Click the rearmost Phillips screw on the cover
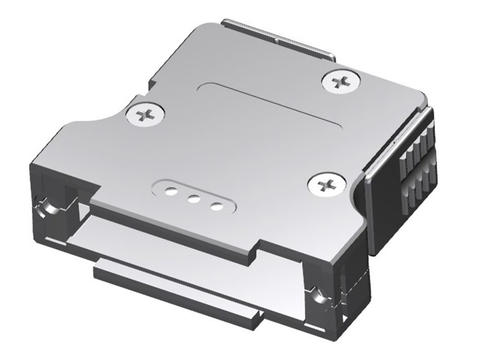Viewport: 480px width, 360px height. coord(341,78)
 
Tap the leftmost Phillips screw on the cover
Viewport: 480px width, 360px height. coord(146,114)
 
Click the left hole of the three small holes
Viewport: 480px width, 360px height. coord(170,188)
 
